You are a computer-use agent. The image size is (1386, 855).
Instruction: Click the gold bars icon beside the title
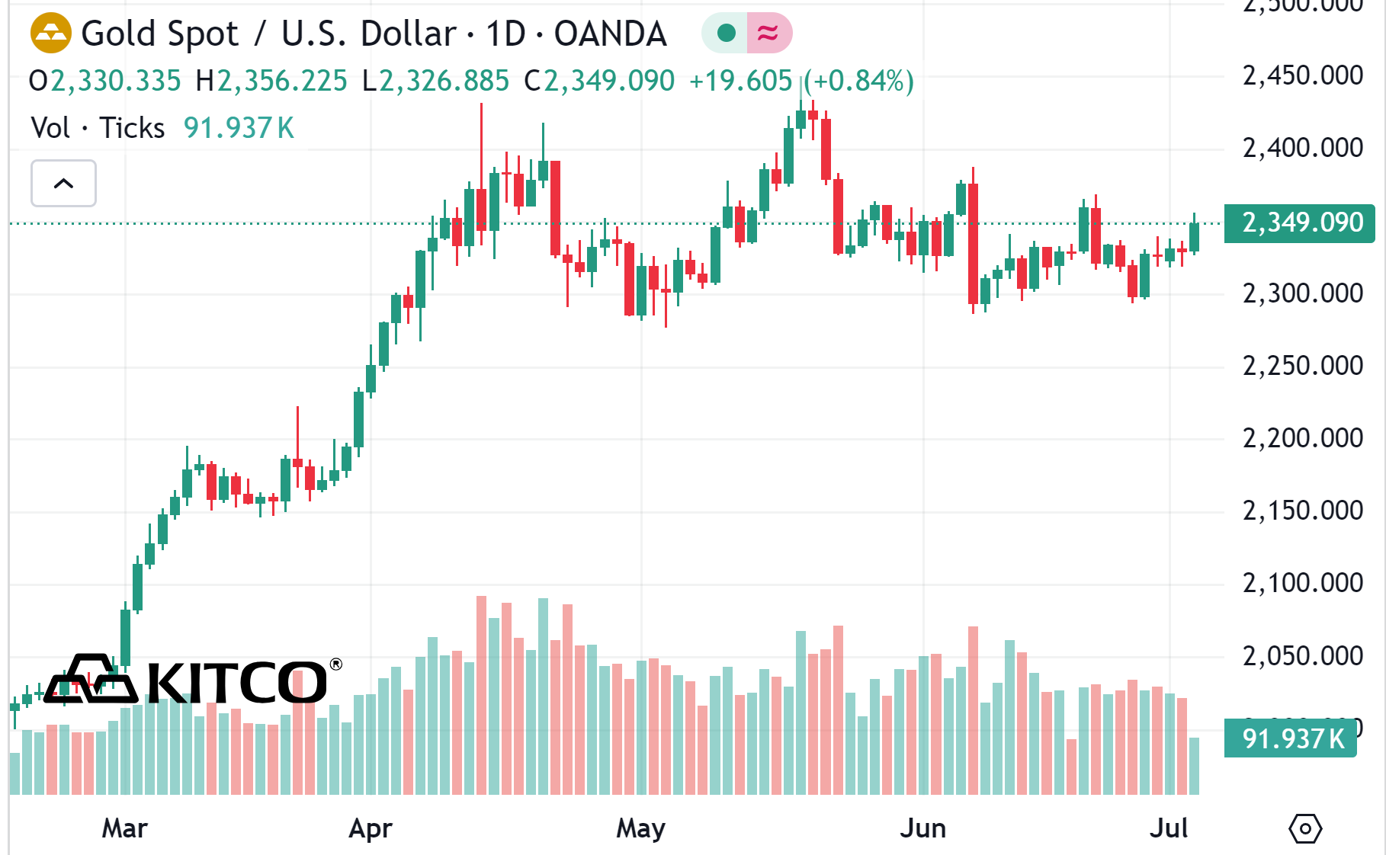[x=50, y=34]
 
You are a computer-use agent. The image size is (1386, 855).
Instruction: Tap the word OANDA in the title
[x=610, y=34]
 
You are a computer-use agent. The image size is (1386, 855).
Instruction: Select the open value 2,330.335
[x=116, y=81]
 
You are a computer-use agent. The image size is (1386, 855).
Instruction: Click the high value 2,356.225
[x=282, y=81]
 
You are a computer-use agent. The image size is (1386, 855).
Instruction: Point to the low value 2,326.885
[x=444, y=81]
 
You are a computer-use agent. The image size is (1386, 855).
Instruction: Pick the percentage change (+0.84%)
[x=858, y=81]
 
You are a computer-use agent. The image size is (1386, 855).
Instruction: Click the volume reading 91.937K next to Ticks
[x=239, y=128]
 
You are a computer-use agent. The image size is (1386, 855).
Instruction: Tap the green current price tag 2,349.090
[x=1301, y=223]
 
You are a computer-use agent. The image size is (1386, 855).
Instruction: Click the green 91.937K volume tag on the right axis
[x=1291, y=738]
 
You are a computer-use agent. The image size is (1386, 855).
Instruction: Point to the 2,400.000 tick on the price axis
[x=1302, y=148]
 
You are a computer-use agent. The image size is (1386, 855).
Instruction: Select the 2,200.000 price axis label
[x=1302, y=438]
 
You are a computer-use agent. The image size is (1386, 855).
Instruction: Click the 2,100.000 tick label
[x=1302, y=583]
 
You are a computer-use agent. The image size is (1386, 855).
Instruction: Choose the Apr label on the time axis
[x=371, y=828]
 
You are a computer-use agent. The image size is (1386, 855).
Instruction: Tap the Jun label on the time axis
[x=922, y=828]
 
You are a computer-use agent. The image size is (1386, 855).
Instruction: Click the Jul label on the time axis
[x=1169, y=828]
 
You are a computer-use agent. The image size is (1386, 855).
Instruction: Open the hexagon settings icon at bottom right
[x=1305, y=828]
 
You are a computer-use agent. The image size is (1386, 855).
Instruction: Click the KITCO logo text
[x=236, y=682]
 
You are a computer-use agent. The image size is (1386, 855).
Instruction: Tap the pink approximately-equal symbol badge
[x=768, y=33]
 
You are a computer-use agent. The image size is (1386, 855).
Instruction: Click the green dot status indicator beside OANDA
[x=726, y=33]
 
